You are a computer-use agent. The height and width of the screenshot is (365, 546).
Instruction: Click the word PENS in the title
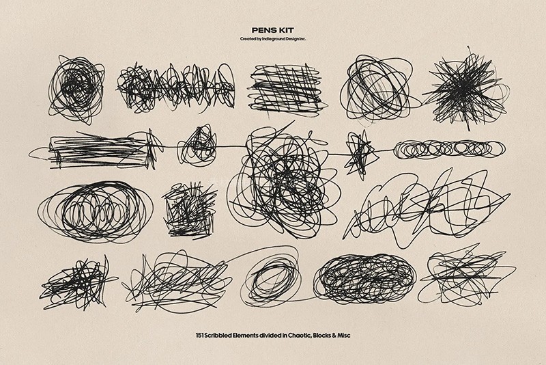tap(263, 31)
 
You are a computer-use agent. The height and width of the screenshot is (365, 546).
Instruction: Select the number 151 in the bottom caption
tap(199, 336)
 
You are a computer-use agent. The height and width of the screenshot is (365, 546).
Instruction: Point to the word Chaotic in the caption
tap(299, 336)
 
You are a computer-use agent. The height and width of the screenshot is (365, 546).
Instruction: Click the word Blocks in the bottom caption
tap(321, 336)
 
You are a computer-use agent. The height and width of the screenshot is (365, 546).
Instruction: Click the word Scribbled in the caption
tap(218, 336)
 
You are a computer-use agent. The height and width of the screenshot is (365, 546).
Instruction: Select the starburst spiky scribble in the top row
tap(465, 89)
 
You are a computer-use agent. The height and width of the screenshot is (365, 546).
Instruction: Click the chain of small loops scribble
tap(449, 149)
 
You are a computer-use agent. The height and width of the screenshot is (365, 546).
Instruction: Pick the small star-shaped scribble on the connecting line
tap(360, 154)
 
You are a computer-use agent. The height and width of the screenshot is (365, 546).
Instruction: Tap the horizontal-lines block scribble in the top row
tap(287, 90)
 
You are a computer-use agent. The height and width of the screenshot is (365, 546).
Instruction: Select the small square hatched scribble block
tap(189, 211)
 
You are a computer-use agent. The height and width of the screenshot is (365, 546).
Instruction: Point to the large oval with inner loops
tap(95, 212)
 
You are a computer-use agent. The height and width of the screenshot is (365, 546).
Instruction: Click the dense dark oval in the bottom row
tap(364, 279)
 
